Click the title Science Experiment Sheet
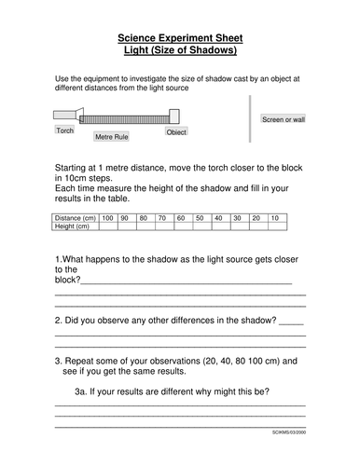coord(180,36)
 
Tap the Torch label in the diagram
coord(65,130)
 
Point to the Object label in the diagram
coord(176,131)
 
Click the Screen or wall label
coord(284,120)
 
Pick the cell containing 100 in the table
coord(108,217)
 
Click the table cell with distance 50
coord(197,217)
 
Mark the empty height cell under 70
coord(161,226)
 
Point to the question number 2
coord(58,321)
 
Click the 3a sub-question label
coord(83,391)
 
